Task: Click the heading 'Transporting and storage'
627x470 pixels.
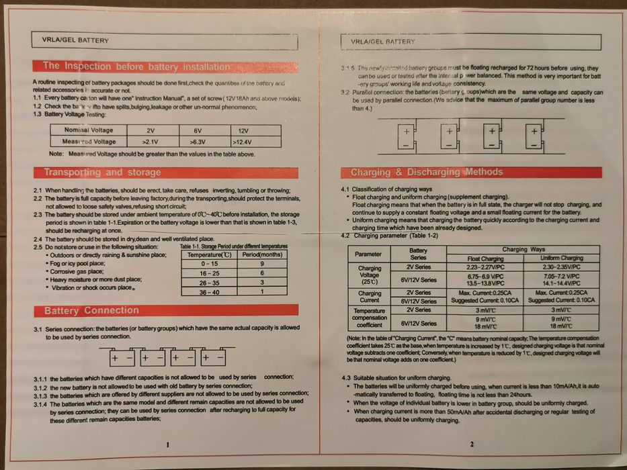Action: pyautogui.click(x=103, y=173)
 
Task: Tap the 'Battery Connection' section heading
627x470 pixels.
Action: pyautogui.click(x=91, y=311)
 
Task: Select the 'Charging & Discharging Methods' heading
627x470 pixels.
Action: pyautogui.click(x=426, y=172)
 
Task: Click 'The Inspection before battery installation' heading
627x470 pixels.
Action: pyautogui.click(x=136, y=66)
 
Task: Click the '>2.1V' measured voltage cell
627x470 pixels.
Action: pyautogui.click(x=150, y=142)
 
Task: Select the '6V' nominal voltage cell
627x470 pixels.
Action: pyautogui.click(x=197, y=130)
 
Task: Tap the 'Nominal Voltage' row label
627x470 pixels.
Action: pyautogui.click(x=89, y=130)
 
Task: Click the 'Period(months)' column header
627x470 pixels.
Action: pyautogui.click(x=261, y=255)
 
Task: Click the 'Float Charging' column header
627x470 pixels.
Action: pyautogui.click(x=485, y=258)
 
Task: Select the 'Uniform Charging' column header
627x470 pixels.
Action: pyautogui.click(x=562, y=258)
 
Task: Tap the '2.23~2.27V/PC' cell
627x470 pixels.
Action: pyautogui.click(x=485, y=267)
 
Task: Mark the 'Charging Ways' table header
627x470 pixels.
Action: pyautogui.click(x=524, y=249)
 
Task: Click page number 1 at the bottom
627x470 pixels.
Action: pyautogui.click(x=167, y=444)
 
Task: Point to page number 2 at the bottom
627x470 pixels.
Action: pyautogui.click(x=471, y=444)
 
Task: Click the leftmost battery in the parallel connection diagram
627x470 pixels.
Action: pyautogui.click(x=407, y=138)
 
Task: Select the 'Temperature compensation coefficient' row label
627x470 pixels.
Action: pyautogui.click(x=369, y=317)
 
